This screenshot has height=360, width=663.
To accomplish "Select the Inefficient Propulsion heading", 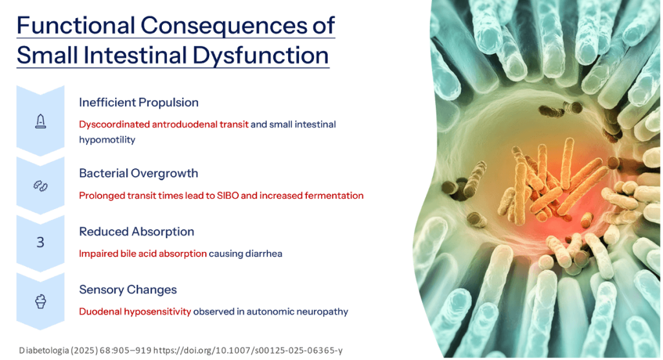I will [139, 102].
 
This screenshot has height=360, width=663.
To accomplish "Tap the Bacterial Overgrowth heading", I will [139, 174].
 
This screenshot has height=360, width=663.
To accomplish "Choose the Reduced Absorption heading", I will [137, 231].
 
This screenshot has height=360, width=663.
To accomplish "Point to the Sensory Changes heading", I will [128, 289].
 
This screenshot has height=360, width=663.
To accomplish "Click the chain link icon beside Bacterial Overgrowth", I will [40, 186].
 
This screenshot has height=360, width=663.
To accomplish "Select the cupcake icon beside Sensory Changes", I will [40, 302].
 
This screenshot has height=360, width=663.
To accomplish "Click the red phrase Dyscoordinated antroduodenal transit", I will [163, 124].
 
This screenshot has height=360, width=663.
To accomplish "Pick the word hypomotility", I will [107, 139].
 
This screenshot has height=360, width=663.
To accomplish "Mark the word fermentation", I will [334, 195].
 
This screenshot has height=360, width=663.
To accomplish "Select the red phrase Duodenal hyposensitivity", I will [135, 311].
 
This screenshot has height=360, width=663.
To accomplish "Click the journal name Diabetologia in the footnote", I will [45, 350].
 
